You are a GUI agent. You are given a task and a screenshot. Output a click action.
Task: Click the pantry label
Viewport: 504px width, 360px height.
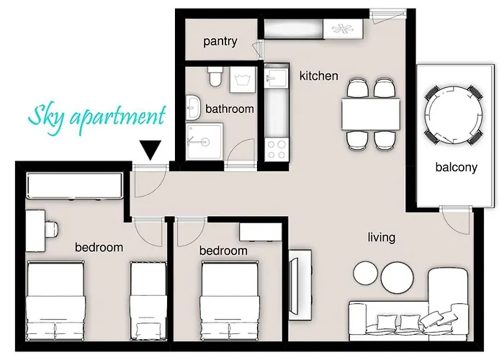pyautogui.click(x=220, y=42)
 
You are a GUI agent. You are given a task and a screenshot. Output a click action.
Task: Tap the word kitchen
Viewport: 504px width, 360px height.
pyautogui.click(x=318, y=76)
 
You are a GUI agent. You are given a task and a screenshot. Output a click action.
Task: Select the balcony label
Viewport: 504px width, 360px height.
pyautogui.click(x=456, y=168)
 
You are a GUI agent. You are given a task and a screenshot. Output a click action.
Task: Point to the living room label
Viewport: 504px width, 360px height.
pyautogui.click(x=381, y=238)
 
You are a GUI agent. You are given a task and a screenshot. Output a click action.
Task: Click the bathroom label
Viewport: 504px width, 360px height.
pyautogui.click(x=230, y=109)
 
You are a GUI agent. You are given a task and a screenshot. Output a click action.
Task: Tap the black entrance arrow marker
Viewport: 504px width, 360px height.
pyautogui.click(x=150, y=150)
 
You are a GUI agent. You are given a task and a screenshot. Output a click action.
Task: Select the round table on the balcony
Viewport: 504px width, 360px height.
pyautogui.click(x=452, y=114)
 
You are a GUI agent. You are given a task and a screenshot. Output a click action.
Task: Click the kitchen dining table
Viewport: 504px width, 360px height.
pyautogui.click(x=371, y=114)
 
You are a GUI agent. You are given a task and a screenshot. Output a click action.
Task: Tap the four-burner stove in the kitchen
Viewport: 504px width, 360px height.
pyautogui.click(x=276, y=148)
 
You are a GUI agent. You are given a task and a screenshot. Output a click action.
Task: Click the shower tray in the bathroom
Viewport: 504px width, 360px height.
pyautogui.click(x=204, y=141)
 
